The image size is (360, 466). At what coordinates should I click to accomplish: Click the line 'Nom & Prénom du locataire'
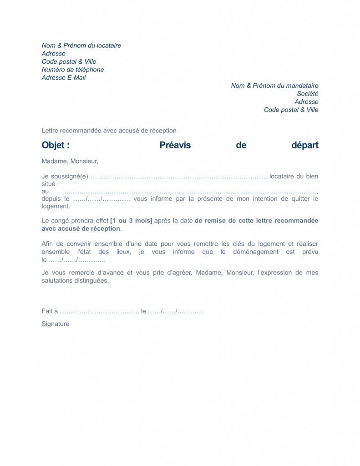(81, 46)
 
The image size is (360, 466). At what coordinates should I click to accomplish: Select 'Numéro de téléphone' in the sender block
(72, 70)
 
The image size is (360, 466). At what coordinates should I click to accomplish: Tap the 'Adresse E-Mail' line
(63, 78)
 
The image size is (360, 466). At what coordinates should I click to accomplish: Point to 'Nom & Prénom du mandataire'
(274, 86)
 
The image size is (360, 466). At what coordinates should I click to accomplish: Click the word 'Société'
(308, 94)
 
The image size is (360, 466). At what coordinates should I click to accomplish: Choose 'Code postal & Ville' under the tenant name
(69, 62)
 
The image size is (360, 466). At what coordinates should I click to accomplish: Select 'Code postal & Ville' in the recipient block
(291, 110)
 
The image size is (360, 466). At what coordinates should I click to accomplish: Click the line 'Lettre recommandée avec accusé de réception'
(109, 131)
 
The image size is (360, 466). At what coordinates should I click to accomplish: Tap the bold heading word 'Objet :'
(56, 145)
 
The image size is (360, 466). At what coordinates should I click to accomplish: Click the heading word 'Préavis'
(175, 145)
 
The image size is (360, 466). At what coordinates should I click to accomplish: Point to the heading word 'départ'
(305, 145)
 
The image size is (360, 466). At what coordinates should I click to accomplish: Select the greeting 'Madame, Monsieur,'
(70, 161)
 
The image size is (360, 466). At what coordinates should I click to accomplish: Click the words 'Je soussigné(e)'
(65, 177)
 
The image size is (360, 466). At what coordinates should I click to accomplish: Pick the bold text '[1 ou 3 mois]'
(131, 221)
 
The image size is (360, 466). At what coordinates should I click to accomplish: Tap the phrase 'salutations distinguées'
(75, 281)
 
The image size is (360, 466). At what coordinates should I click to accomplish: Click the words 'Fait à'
(50, 311)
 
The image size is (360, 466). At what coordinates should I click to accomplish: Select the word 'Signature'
(56, 324)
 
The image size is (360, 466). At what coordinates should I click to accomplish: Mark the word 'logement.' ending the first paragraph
(56, 206)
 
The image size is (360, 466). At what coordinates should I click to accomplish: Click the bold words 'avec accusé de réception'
(81, 228)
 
